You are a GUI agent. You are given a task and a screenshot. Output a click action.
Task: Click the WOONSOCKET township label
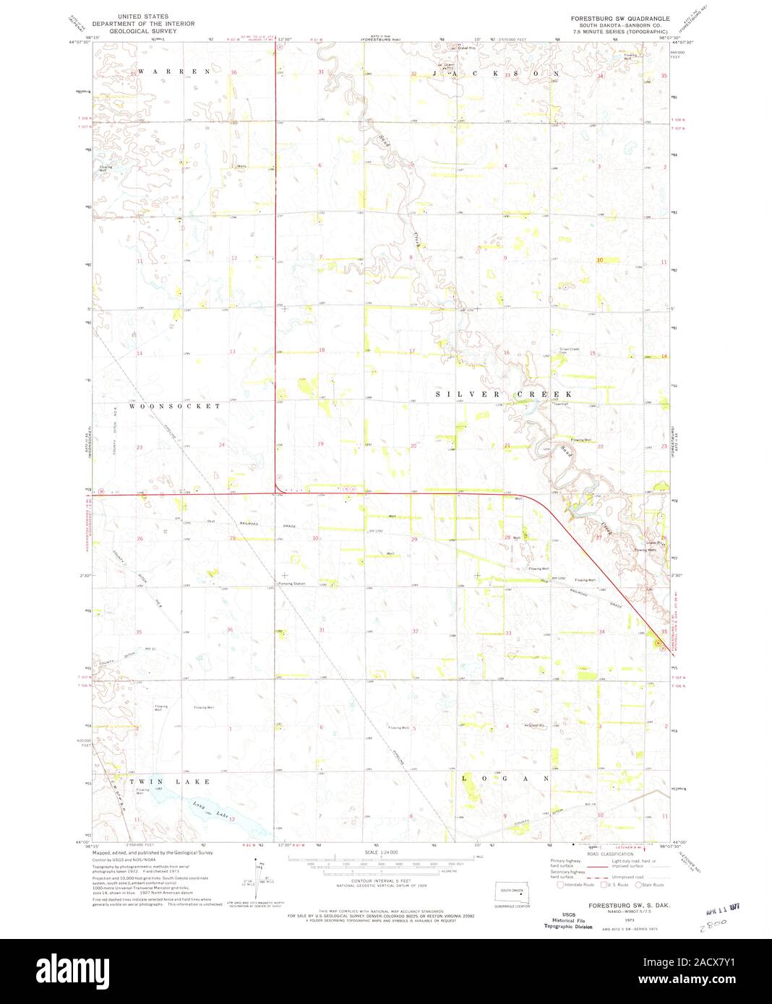[175, 407]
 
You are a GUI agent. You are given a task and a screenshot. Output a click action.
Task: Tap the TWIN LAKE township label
[171, 782]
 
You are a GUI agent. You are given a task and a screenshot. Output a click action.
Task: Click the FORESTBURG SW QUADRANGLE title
[619, 18]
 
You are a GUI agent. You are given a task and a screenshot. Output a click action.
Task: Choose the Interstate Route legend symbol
[559, 884]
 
